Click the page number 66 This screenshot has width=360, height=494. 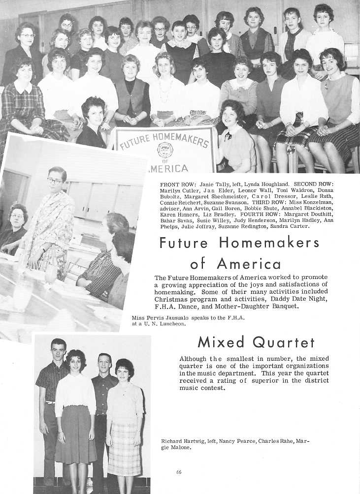pyautogui.click(x=179, y=472)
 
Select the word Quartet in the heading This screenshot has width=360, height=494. pyautogui.click(x=290, y=341)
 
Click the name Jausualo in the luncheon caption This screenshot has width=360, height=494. pyautogui.click(x=185, y=317)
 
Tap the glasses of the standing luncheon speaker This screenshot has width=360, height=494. pyautogui.click(x=55, y=181)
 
